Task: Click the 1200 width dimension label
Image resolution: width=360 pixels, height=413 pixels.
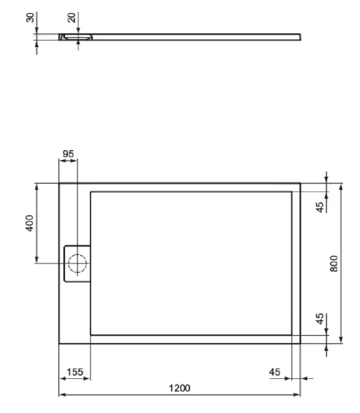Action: (x=180, y=388)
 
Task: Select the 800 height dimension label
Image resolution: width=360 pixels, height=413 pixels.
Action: (x=334, y=264)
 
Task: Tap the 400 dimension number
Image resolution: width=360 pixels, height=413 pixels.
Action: (x=30, y=223)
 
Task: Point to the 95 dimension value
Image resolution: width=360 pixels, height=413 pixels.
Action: (x=68, y=154)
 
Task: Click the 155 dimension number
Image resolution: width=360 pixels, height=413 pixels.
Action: (x=75, y=372)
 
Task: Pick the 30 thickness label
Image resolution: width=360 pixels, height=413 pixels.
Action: (x=30, y=18)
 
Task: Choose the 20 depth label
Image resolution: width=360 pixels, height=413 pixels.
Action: (x=71, y=18)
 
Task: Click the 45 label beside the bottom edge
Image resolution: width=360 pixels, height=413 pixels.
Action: (x=275, y=372)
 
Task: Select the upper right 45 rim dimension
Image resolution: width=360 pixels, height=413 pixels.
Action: (x=320, y=207)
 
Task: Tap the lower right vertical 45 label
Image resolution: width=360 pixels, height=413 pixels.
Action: (x=320, y=319)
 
